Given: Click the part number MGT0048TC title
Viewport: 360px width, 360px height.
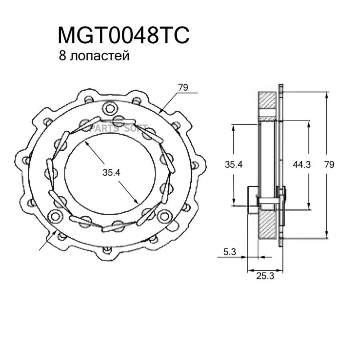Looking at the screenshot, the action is [124, 35].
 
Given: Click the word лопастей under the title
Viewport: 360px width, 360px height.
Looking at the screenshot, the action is [100, 56].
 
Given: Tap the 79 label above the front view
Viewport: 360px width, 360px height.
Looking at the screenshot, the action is [183, 88].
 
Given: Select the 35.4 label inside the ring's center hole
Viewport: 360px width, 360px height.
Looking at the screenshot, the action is [111, 172].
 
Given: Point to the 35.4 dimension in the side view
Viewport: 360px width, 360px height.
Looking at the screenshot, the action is [234, 164].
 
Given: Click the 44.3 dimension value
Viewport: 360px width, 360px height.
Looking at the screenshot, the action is [302, 164].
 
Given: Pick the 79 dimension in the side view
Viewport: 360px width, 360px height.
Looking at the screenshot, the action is [329, 164].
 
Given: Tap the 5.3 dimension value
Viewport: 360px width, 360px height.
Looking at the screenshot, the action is [230, 252].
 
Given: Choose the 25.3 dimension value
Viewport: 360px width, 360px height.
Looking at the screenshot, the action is [265, 276].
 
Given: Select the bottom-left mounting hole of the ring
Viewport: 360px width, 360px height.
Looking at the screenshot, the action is [55, 216].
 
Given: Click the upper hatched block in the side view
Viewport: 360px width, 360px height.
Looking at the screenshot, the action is [267, 100].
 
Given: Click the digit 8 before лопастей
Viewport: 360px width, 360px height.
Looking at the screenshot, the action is [62, 56].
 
